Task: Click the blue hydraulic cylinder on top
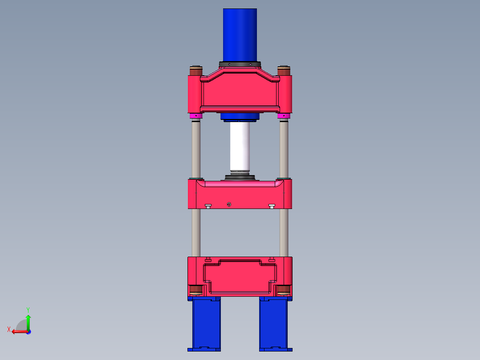click(x=240, y=35)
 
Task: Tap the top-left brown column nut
click(x=196, y=71)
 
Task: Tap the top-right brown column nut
click(x=284, y=71)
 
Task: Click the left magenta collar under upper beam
click(x=196, y=116)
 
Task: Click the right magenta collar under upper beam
click(x=284, y=116)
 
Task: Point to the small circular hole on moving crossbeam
click(x=229, y=205)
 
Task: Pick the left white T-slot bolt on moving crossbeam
click(x=208, y=206)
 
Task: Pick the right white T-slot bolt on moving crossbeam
click(x=272, y=206)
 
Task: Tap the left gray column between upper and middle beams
click(x=196, y=149)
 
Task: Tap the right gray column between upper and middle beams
click(x=284, y=149)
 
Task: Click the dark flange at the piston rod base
click(x=240, y=178)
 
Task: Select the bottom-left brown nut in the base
click(x=196, y=290)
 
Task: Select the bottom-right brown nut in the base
click(x=284, y=290)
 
